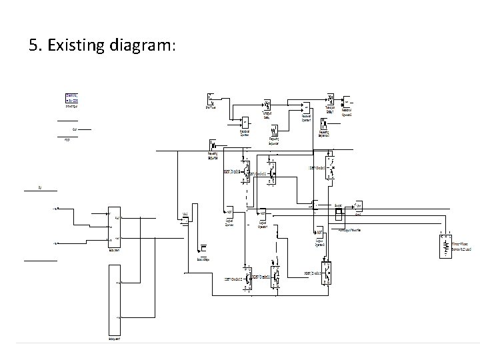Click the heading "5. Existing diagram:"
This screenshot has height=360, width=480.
103,45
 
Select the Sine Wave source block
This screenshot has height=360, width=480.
211,99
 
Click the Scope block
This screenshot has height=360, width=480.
339,213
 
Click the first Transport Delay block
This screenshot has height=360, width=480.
267,105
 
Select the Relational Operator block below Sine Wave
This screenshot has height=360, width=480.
245,122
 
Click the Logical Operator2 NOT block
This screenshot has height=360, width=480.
319,232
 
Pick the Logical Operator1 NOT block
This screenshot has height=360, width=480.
263,213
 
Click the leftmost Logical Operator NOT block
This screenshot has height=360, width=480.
229,213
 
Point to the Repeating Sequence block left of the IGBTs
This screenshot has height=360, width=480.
213,145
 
